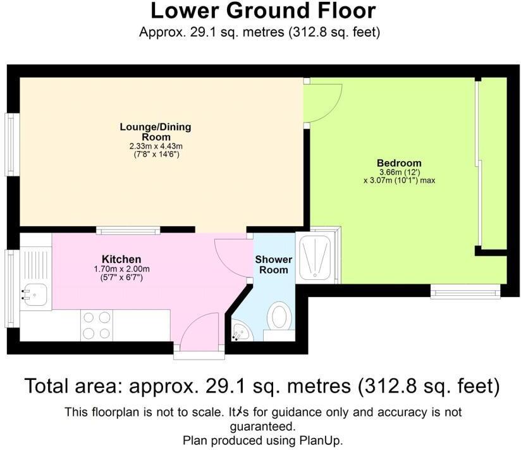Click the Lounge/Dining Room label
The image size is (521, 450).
pyautogui.click(x=156, y=132)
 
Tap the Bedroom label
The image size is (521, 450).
pyautogui.click(x=399, y=163)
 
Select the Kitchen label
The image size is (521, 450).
pyautogui.click(x=121, y=259)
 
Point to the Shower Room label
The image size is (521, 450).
pyautogui.click(x=273, y=265)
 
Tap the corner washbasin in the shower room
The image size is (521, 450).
pyautogui.click(x=242, y=331)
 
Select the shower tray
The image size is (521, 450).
pyautogui.click(x=315, y=256)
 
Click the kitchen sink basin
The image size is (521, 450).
pyautogui.click(x=35, y=295)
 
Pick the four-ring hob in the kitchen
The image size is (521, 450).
pyautogui.click(x=97, y=325)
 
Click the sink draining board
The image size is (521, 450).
pyautogui.click(x=36, y=265)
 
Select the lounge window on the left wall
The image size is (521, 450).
pyautogui.click(x=12, y=145)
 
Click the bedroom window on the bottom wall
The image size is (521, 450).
pyautogui.click(x=465, y=291)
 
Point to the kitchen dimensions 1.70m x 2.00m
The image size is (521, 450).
pyautogui.click(x=121, y=269)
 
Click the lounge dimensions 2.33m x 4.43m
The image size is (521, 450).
pyautogui.click(x=156, y=146)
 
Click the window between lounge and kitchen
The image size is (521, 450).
pyautogui.click(x=128, y=230)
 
